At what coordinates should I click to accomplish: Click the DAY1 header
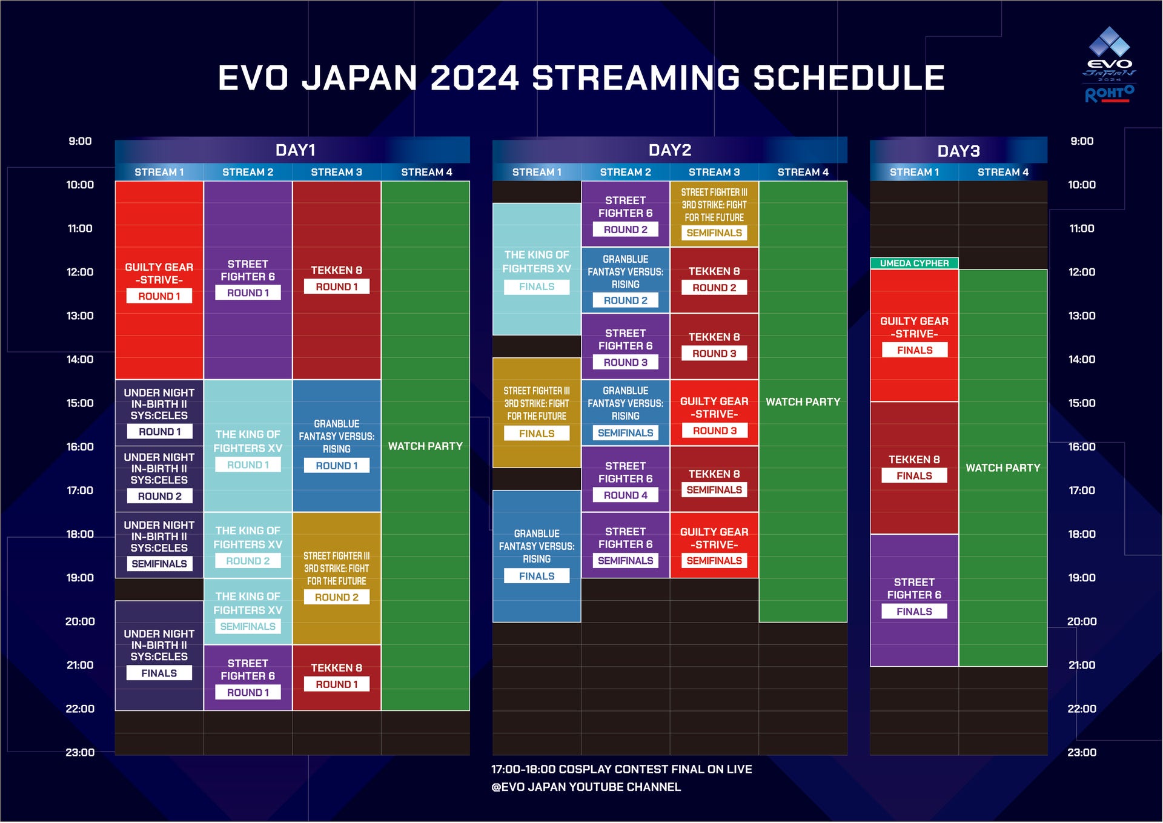295,150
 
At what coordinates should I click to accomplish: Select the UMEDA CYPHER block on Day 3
914,263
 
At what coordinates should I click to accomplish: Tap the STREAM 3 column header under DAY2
714,172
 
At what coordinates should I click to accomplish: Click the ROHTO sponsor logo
1109,94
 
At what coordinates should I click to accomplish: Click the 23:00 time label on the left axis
80,753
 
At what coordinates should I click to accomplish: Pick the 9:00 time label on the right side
1082,141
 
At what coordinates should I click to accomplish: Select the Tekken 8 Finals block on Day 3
914,468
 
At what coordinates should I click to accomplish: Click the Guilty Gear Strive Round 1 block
159,280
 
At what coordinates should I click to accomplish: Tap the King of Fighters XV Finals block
537,269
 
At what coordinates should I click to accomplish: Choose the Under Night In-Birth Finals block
159,655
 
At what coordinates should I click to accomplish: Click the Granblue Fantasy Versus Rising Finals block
537,556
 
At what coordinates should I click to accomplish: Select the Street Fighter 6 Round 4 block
626,479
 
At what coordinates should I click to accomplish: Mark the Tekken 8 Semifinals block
714,479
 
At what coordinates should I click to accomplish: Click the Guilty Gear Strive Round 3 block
714,413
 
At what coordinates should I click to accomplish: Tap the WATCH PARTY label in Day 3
1002,468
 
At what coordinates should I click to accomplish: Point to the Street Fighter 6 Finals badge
914,612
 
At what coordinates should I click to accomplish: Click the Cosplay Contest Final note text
621,770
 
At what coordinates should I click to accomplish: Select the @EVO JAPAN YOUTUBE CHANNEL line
586,787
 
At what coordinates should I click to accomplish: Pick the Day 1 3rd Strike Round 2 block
337,578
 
